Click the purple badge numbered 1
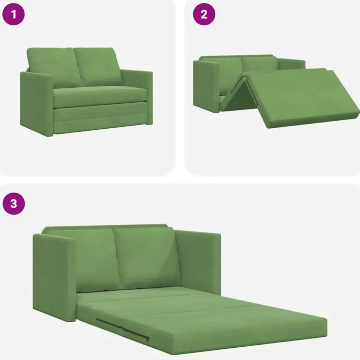point(13,14)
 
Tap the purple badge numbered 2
point(204,14)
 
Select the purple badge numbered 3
point(13,203)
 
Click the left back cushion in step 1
point(54,67)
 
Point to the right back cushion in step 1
point(98,67)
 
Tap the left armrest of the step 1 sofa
point(37,104)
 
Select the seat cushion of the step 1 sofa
point(100,97)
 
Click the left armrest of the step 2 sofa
point(206,86)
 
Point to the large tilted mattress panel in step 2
point(303,98)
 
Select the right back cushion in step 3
point(147,258)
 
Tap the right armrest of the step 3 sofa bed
point(198,262)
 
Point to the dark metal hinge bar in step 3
point(123,329)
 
